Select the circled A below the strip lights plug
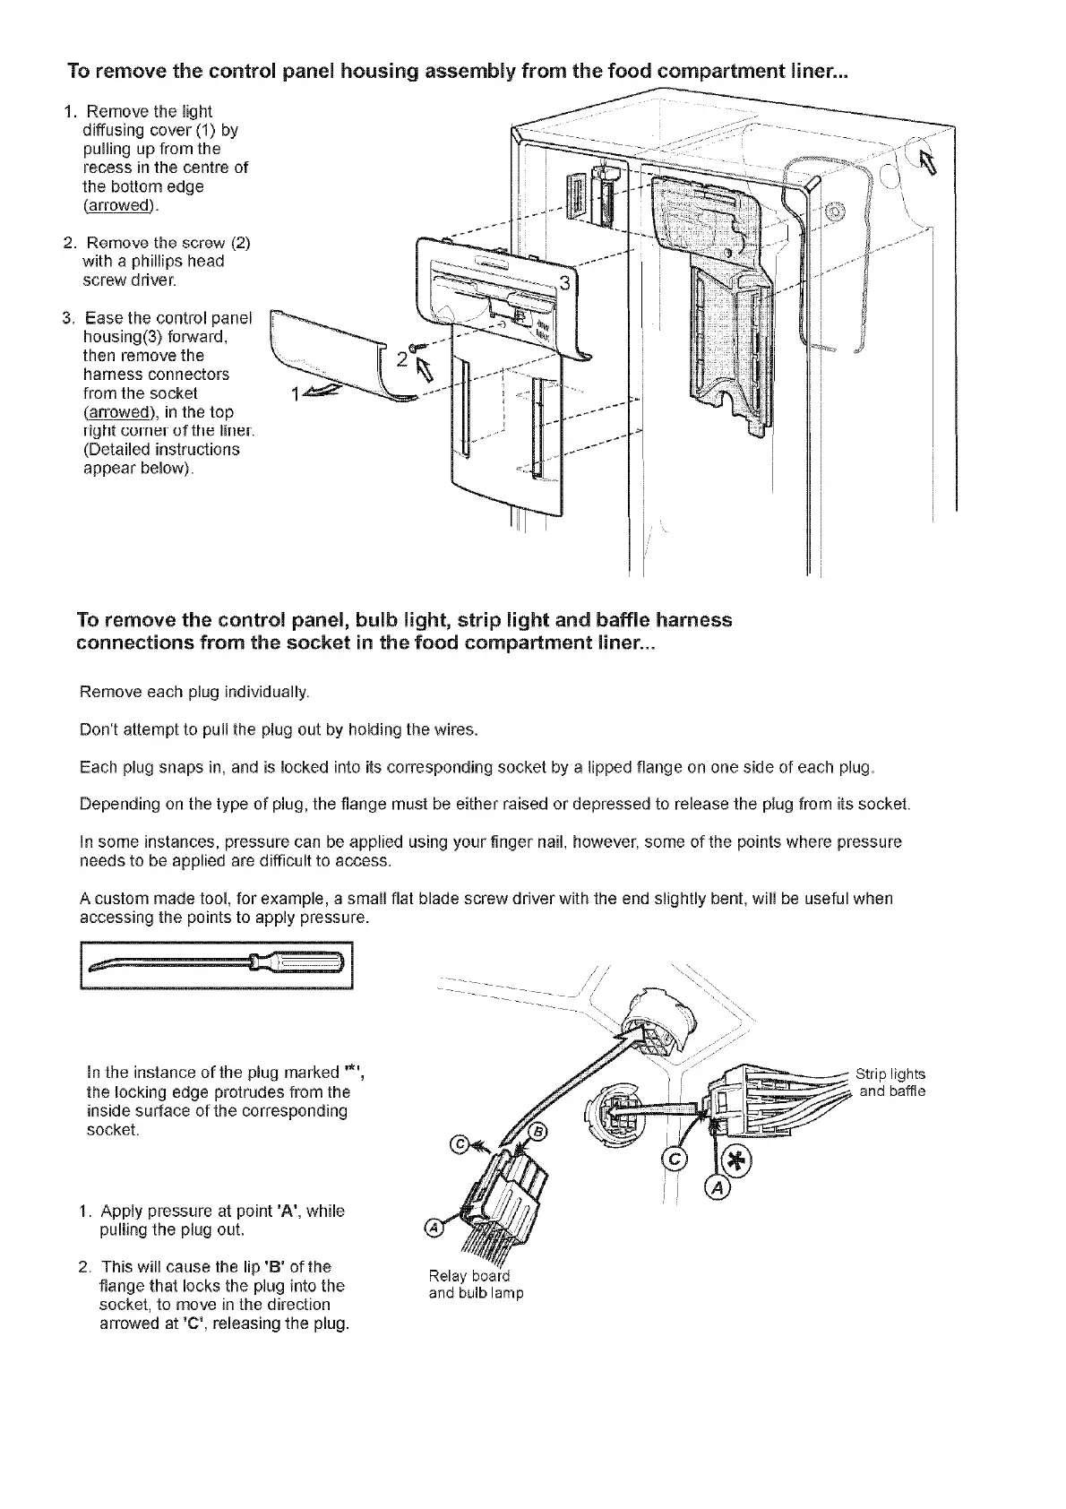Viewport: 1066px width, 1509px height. point(718,1189)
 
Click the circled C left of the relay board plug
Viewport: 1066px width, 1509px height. point(460,1143)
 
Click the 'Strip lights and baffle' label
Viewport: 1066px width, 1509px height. point(890,1082)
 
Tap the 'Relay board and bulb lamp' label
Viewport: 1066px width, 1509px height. point(476,1284)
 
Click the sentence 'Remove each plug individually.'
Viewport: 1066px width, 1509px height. point(194,693)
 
